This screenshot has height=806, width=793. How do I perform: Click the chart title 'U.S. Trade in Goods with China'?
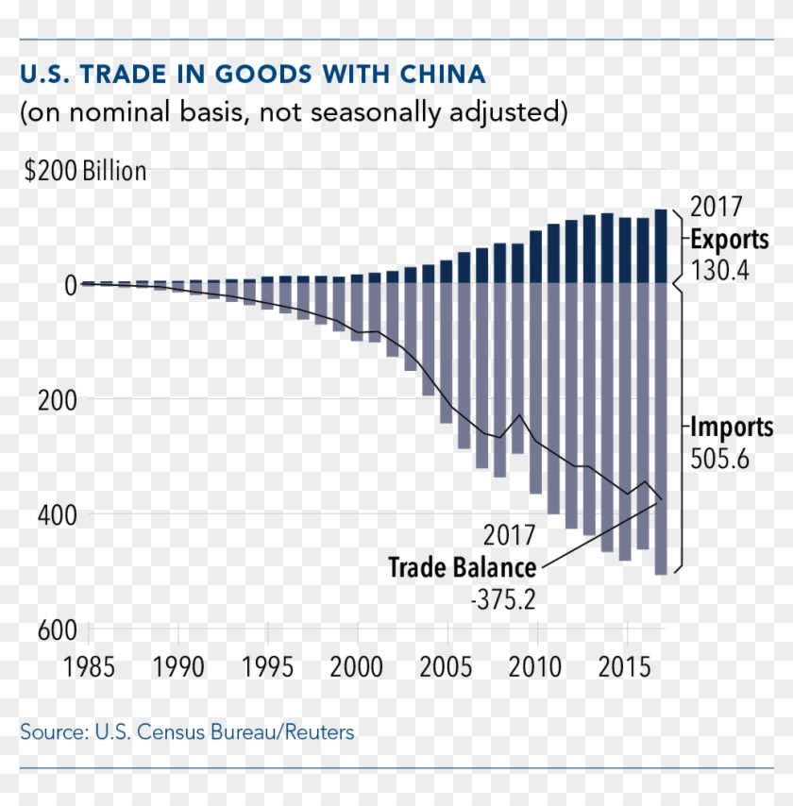tap(253, 74)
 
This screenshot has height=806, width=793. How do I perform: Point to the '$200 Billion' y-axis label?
tap(85, 172)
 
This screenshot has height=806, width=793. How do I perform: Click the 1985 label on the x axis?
tap(89, 668)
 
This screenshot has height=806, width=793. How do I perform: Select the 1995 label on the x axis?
tap(267, 668)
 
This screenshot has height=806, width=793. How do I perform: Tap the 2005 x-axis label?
tap(446, 668)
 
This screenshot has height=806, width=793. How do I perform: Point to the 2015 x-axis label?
tap(624, 668)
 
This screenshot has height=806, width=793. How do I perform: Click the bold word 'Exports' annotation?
tap(729, 239)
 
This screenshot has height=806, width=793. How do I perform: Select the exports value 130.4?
tap(719, 270)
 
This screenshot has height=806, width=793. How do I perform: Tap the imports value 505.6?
tap(721, 459)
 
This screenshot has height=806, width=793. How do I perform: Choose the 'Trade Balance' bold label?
tap(463, 568)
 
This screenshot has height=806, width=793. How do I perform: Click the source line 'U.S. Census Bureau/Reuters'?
tap(187, 731)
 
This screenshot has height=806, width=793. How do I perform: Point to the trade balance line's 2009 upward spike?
tap(518, 415)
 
